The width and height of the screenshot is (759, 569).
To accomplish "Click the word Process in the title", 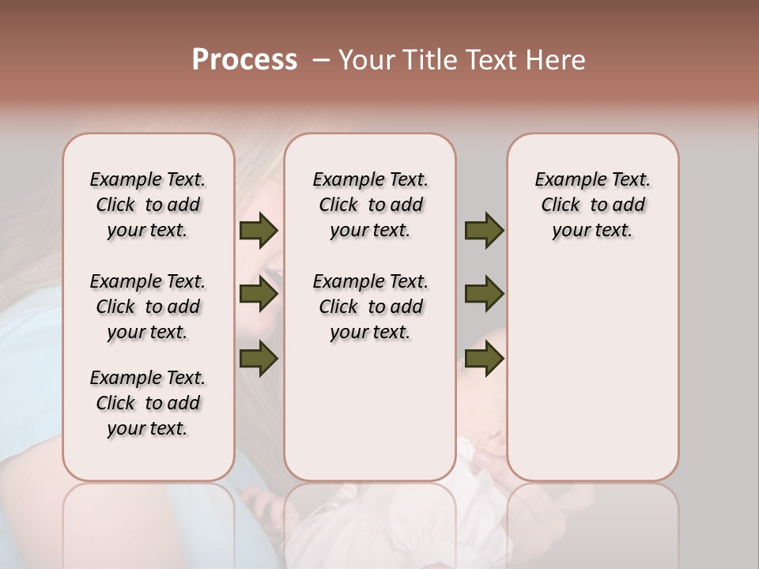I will [x=244, y=60].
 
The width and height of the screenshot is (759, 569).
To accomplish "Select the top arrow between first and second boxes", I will [x=259, y=230].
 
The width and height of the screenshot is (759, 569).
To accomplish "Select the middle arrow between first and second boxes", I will [x=259, y=295].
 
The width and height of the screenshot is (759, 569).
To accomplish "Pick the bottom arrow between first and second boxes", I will [x=259, y=358].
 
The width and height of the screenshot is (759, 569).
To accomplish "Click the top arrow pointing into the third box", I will [x=484, y=230].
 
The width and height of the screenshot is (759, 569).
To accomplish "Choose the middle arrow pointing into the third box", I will [x=484, y=295].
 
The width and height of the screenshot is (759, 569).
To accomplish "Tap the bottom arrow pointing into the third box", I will [x=484, y=358].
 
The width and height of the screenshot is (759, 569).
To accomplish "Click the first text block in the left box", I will [x=148, y=205].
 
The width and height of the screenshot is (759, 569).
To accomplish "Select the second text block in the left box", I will [x=148, y=307].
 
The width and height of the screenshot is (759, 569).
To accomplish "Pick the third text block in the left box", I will [x=148, y=403].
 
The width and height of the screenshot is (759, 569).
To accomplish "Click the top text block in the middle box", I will [x=371, y=205].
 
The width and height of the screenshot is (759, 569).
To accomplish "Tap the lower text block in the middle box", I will [x=371, y=307].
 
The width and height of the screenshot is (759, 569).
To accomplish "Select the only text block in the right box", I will [x=593, y=205].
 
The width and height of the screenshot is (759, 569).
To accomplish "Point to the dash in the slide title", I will [x=321, y=60].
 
